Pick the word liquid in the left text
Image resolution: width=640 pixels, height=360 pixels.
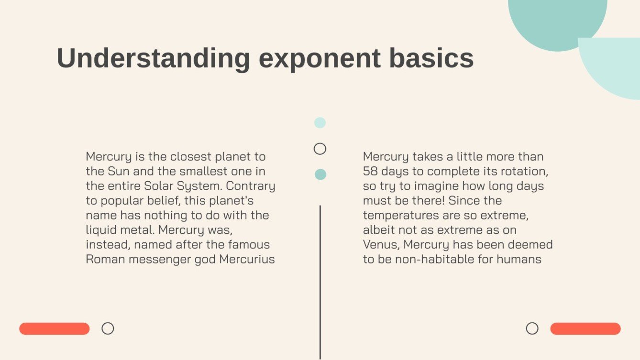click(x=102, y=230)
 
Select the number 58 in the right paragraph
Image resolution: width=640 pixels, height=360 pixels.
click(x=370, y=171)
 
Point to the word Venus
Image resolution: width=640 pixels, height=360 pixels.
click(x=381, y=245)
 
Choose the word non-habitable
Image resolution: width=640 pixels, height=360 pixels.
click(x=443, y=259)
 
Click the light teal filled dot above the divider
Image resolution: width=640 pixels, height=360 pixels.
click(x=320, y=123)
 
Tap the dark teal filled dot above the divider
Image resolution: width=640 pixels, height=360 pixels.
click(x=320, y=175)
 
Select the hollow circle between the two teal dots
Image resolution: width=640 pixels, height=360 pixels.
click(x=320, y=149)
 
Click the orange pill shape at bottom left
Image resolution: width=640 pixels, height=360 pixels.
click(x=55, y=328)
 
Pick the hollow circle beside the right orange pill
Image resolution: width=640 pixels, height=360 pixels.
click(x=532, y=328)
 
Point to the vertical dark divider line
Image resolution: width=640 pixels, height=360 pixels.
click(x=320, y=282)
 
